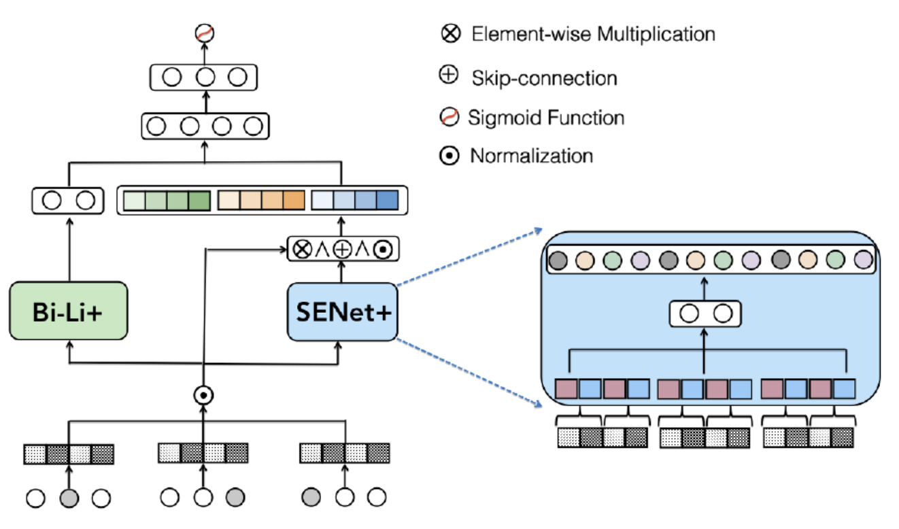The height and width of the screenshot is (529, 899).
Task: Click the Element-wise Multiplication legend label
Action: tap(592, 34)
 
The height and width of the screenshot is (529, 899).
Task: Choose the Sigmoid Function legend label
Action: tap(545, 118)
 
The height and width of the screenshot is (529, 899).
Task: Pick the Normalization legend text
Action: tap(531, 156)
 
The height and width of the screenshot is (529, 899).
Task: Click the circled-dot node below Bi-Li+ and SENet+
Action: tap(203, 394)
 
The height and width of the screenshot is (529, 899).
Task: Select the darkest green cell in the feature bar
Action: tap(199, 201)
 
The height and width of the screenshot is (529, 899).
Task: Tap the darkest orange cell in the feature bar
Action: tap(294, 201)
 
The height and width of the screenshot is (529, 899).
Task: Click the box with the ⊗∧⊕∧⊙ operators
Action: tap(342, 249)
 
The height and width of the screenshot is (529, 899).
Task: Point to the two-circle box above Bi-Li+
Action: tap(68, 201)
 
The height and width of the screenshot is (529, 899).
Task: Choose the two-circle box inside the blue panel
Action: tap(705, 313)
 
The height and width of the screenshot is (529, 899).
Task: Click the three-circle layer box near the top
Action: tap(204, 77)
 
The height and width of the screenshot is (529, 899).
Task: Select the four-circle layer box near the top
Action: tap(205, 126)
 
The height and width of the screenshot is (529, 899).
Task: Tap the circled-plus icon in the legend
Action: tap(449, 75)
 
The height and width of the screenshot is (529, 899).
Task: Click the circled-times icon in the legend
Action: tap(450, 33)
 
